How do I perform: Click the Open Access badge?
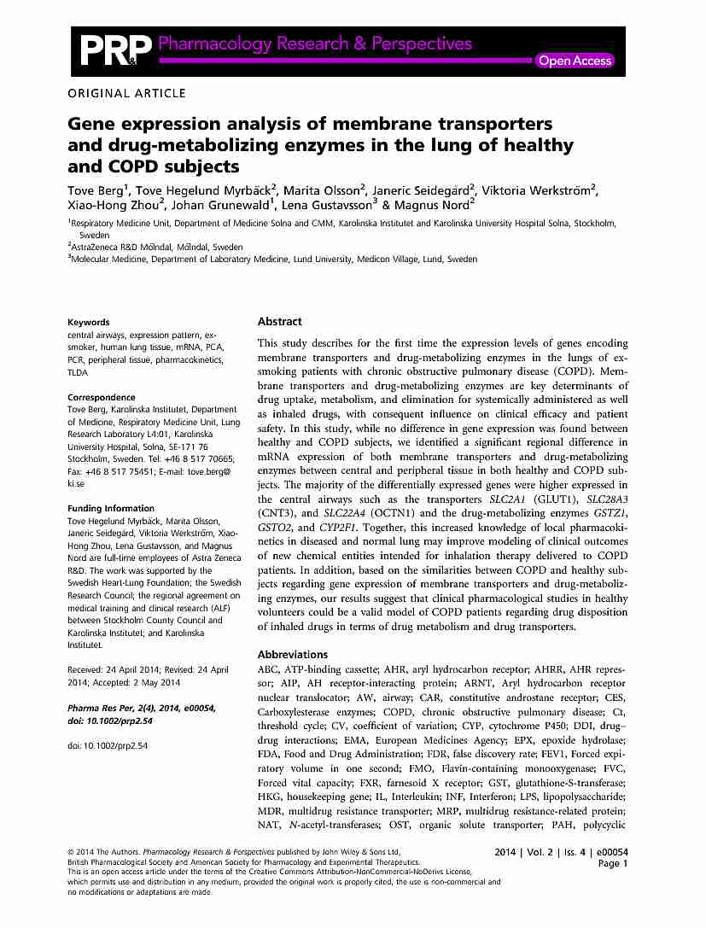click(575, 61)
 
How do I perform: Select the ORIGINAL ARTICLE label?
click(125, 93)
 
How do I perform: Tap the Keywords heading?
click(90, 323)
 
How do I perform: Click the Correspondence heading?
click(101, 397)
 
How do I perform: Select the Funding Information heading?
click(111, 509)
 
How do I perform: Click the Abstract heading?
click(279, 322)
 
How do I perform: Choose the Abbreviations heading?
click(293, 655)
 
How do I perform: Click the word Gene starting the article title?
click(96, 124)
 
